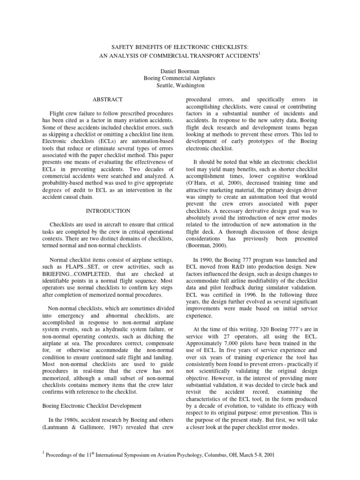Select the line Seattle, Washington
[180, 85]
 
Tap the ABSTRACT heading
[107, 99]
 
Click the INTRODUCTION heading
[107, 211]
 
